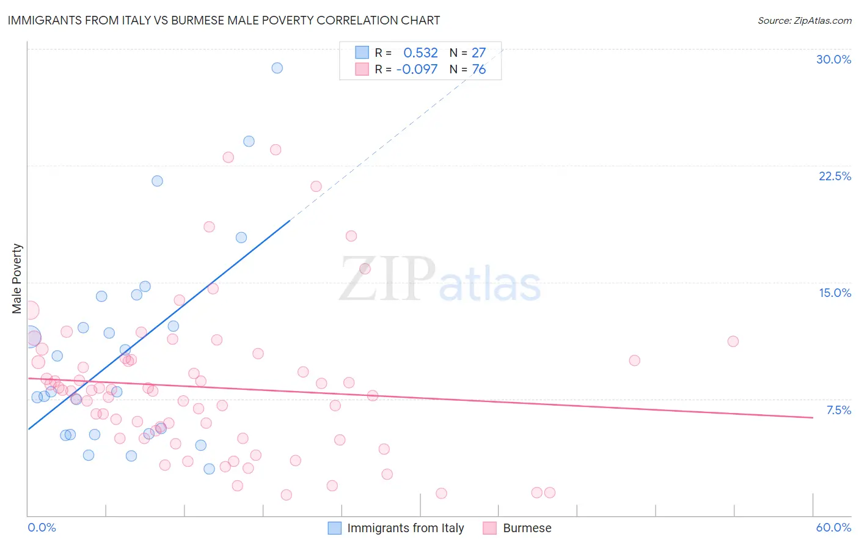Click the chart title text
pos(224,20)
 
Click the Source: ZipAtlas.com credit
pos(804,20)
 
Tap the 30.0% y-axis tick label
pos(833,59)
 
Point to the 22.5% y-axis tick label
pos(835,176)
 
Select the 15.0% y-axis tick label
pos(835,293)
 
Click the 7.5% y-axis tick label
pos(838,410)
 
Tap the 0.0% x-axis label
pos(42,527)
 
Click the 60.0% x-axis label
pos(833,527)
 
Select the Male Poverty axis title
pos(17,279)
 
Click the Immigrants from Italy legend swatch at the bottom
pos(334,528)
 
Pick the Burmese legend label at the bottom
pos(527,528)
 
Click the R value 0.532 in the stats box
pos(420,53)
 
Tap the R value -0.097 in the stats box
pos(417,70)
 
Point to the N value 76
pos(478,70)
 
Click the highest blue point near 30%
pos(277,68)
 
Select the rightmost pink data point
pos(733,342)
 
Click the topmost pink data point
pos(276,150)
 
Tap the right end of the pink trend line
pos(813,417)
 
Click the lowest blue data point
pos(209,469)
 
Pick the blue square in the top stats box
pos(362,53)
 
